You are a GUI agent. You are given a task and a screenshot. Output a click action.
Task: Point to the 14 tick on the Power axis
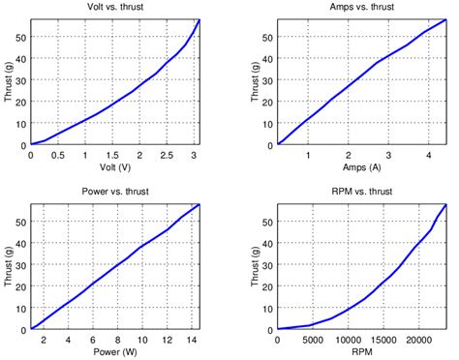[x=192, y=339]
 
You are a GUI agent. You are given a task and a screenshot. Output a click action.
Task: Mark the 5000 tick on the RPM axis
[x=313, y=339]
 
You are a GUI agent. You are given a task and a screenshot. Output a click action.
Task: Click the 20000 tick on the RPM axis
[x=417, y=339]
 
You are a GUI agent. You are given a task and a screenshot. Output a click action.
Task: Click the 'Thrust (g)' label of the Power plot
[x=7, y=266]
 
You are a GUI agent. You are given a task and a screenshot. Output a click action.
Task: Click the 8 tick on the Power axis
[x=118, y=339]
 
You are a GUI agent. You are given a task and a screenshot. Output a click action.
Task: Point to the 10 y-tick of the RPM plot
[x=267, y=308]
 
